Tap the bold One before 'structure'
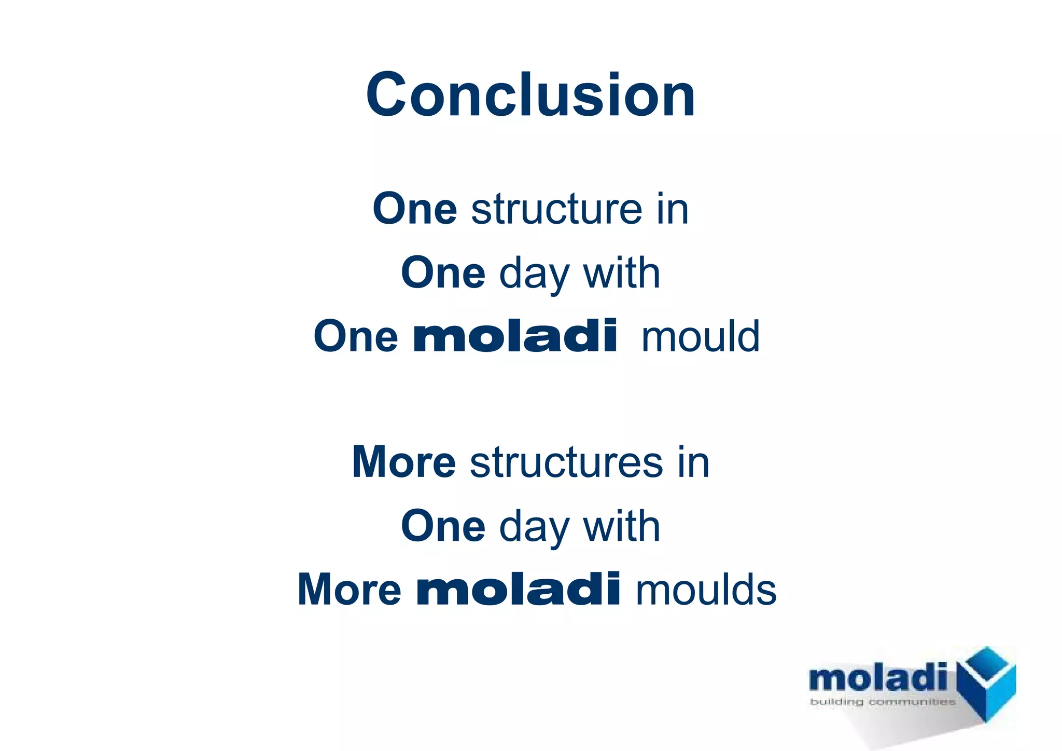point(414,209)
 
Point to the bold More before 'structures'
point(403,462)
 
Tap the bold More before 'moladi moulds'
point(349,590)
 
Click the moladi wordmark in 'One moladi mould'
point(515,336)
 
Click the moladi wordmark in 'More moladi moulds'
point(518,590)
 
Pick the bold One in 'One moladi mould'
point(356,336)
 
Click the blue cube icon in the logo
point(986,683)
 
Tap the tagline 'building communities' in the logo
point(882,702)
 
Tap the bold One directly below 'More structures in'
point(443,526)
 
